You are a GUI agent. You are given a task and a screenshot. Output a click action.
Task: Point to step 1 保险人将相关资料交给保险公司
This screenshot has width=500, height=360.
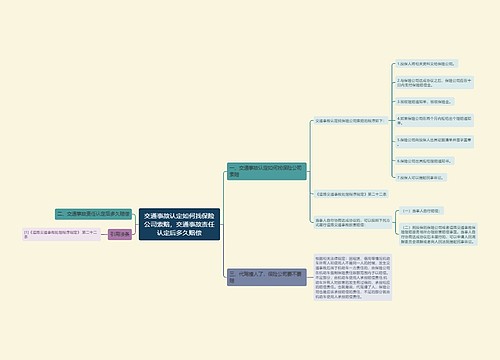point(426,64)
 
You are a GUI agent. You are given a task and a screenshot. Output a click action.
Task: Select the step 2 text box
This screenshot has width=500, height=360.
point(426,81)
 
